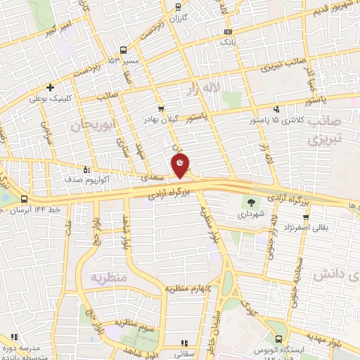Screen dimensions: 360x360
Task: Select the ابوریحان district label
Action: click(x=91, y=126)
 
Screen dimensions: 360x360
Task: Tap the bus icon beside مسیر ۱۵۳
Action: click(x=124, y=50)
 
